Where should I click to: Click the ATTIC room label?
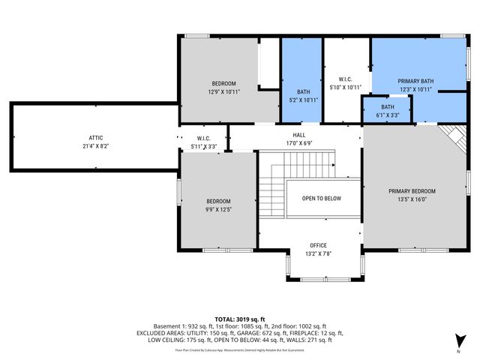coord(95,137)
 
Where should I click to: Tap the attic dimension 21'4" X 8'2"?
coord(95,146)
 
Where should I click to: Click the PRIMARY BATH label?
coord(415,81)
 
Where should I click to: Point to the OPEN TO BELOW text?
coord(322,199)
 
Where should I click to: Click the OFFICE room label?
coord(319,245)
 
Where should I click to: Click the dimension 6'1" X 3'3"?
coord(388,115)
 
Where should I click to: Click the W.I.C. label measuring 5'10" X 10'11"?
coord(346,79)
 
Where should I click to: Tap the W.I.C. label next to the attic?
coord(203,138)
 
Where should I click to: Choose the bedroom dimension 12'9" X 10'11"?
coord(223,91)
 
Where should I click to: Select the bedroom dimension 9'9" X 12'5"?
coord(219,209)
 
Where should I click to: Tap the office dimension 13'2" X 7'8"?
coord(319,254)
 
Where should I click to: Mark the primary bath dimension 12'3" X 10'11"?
coord(415,90)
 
